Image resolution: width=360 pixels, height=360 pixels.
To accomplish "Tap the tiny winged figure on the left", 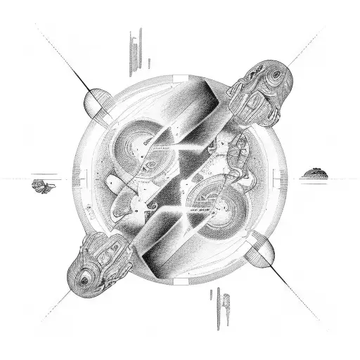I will (x=43, y=186).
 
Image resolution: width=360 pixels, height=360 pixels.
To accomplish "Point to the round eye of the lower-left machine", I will (x=85, y=279).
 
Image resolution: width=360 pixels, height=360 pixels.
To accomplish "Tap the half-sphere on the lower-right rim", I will (x=265, y=255).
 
